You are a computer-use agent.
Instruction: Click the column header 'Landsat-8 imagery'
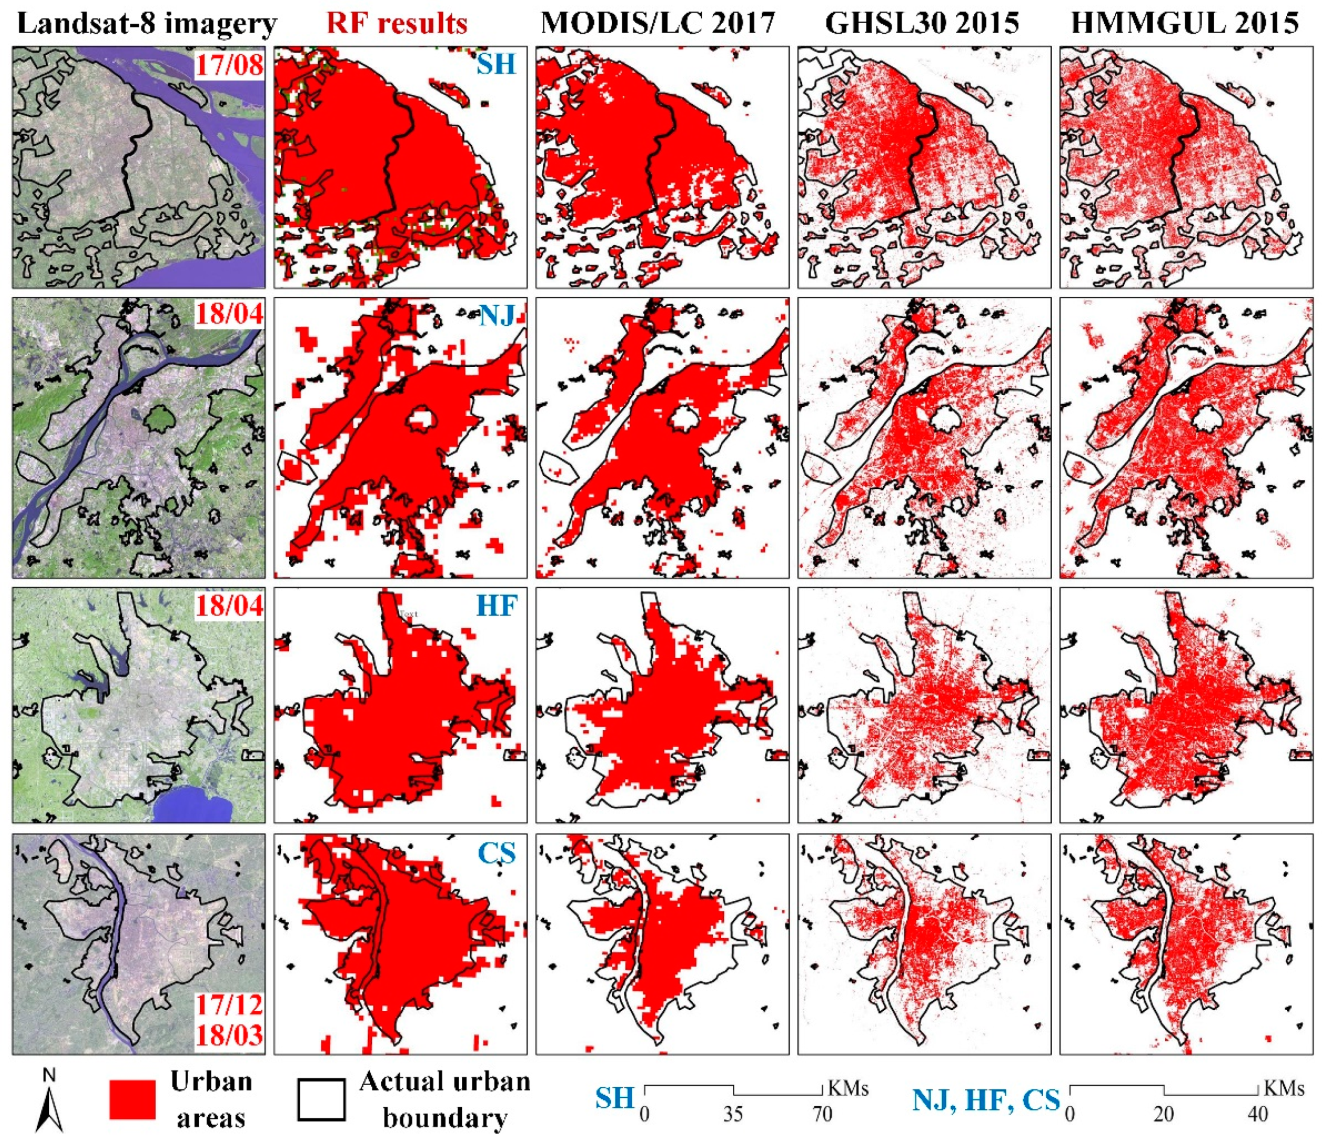tap(147, 24)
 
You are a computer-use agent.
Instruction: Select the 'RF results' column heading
tap(397, 24)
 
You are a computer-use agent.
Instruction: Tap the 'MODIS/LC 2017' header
tap(658, 24)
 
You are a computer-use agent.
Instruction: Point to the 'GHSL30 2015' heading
tap(922, 24)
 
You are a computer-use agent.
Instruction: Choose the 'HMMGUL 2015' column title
tap(1185, 24)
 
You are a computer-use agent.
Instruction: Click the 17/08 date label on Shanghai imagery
tap(229, 65)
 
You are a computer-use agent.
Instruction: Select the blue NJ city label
tap(496, 315)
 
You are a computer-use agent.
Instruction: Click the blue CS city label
tap(496, 854)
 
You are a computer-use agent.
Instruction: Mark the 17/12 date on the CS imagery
tap(229, 1004)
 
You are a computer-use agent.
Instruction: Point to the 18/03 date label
tap(229, 1036)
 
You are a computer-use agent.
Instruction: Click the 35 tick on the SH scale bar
tap(733, 1114)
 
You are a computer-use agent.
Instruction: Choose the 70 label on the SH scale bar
tap(822, 1114)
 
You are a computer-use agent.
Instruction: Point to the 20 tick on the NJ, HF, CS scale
tap(1164, 1114)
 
